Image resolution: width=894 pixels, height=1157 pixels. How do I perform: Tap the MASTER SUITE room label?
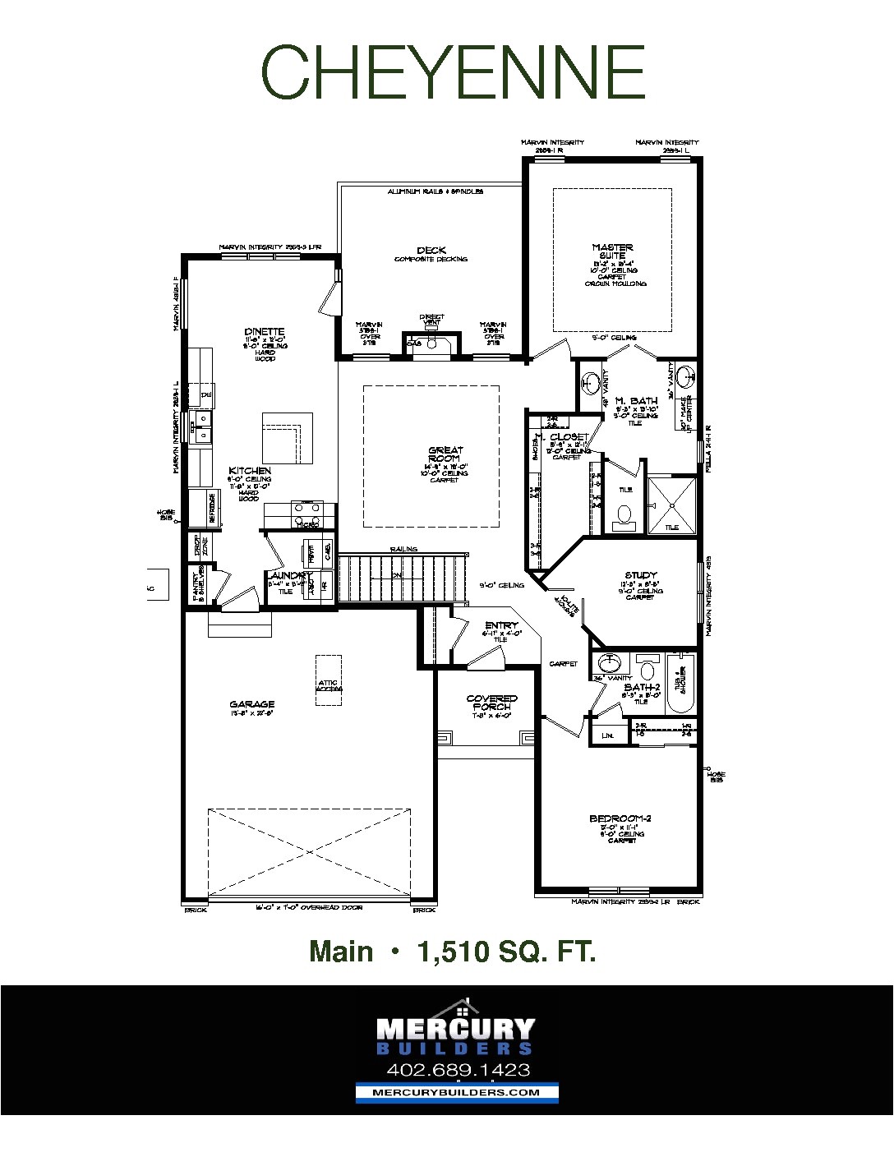pyautogui.click(x=612, y=251)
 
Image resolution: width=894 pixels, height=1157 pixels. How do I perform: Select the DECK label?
pyautogui.click(x=431, y=251)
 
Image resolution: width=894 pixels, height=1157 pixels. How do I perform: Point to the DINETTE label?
pyautogui.click(x=264, y=332)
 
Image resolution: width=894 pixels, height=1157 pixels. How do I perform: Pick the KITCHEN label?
pyautogui.click(x=250, y=471)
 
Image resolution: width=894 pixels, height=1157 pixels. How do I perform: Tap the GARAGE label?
pyautogui.click(x=252, y=704)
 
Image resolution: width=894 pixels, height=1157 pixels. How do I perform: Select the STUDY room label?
pyautogui.click(x=641, y=576)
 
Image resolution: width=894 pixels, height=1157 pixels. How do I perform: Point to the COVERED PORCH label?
pyautogui.click(x=491, y=703)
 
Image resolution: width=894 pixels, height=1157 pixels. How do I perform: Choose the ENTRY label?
pyautogui.click(x=501, y=626)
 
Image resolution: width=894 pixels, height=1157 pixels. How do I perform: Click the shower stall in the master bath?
pyautogui.click(x=671, y=505)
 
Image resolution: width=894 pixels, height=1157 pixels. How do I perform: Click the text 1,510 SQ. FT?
pyautogui.click(x=506, y=952)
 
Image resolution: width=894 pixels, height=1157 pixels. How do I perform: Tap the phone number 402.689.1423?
pyautogui.click(x=458, y=1070)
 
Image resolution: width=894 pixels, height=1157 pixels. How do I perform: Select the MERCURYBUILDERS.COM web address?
pyautogui.click(x=457, y=1092)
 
